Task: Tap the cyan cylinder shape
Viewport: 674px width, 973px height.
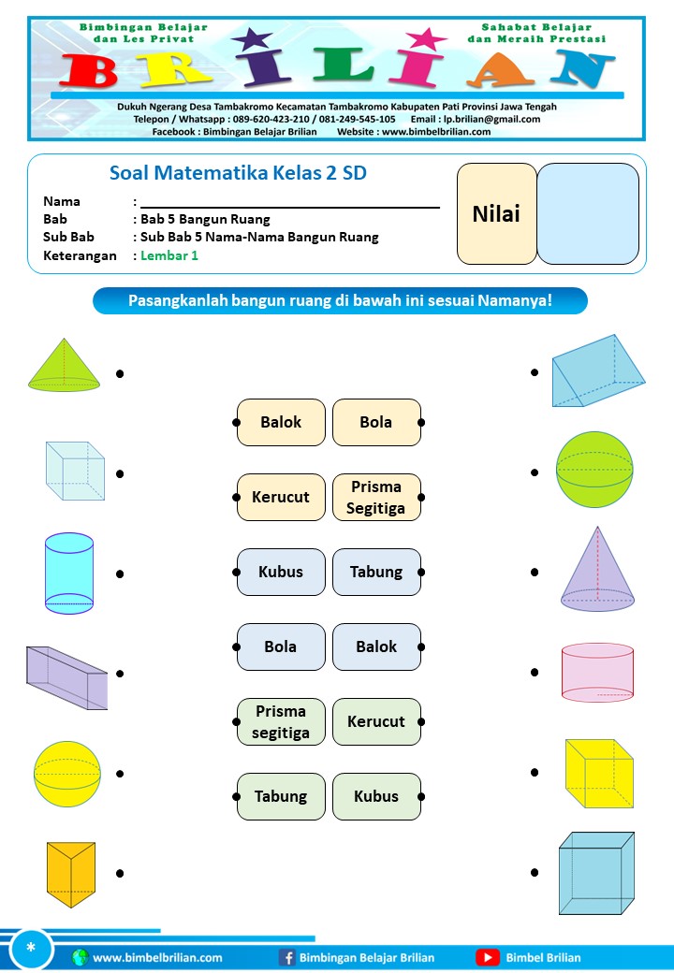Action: [69, 574]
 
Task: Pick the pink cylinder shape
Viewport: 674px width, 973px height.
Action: [597, 672]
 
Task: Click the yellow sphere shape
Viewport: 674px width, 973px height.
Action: [67, 774]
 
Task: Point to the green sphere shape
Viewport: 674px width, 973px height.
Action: [594, 470]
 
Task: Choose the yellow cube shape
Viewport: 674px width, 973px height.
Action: [599, 774]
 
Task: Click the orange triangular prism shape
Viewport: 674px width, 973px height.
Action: [71, 872]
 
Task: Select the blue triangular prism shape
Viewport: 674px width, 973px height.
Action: [597, 372]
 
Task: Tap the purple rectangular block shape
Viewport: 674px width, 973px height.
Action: [67, 676]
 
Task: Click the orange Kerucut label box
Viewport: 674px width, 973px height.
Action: [281, 497]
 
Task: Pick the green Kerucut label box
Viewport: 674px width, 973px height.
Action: [376, 721]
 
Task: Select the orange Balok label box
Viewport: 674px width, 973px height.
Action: [281, 422]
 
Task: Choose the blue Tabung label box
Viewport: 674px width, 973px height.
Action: [376, 572]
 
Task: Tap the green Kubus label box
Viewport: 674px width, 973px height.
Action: [376, 796]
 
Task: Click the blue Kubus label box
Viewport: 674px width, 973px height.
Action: [281, 572]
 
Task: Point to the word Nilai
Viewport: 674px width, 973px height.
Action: [496, 213]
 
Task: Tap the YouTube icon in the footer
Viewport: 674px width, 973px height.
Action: [487, 957]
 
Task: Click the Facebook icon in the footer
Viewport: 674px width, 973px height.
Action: [287, 957]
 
